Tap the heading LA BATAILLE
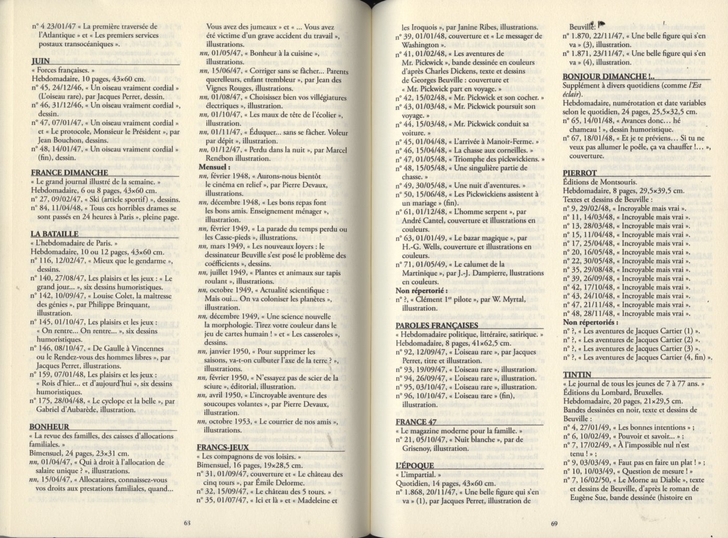[x=54, y=234]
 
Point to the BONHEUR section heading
[x=49, y=427]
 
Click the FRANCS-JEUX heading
[x=223, y=447]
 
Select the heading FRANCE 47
[x=416, y=422]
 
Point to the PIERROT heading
[x=580, y=173]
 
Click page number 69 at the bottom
[x=554, y=523]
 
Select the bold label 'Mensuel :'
[x=215, y=168]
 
